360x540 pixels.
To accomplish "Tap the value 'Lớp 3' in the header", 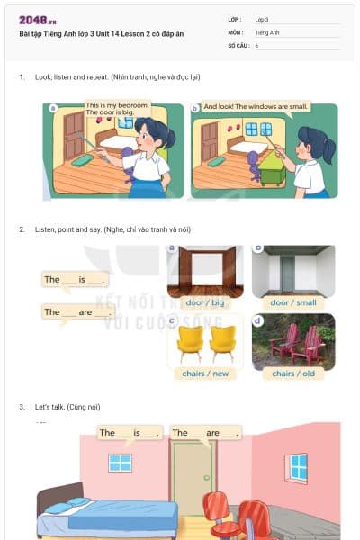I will pyautogui.click(x=262, y=19).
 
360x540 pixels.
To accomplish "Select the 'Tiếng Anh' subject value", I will pyautogui.click(x=266, y=31).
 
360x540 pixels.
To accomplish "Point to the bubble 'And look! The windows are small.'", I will pyautogui.click(x=256, y=106).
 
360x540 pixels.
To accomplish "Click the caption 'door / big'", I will pyautogui.click(x=202, y=302).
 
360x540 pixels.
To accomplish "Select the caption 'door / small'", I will pyautogui.click(x=293, y=302).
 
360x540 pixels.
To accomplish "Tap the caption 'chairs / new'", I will pyautogui.click(x=202, y=373).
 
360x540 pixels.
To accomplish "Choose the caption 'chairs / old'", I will pyautogui.click(x=293, y=373).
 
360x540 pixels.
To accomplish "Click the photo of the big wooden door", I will pyautogui.click(x=202, y=271).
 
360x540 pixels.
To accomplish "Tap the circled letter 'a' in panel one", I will pyautogui.click(x=53, y=108).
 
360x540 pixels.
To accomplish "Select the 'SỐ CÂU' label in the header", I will pyautogui.click(x=238, y=44).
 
